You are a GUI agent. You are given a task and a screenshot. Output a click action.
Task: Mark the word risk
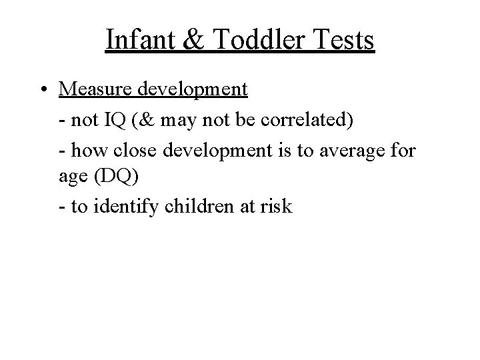tap(275, 207)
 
